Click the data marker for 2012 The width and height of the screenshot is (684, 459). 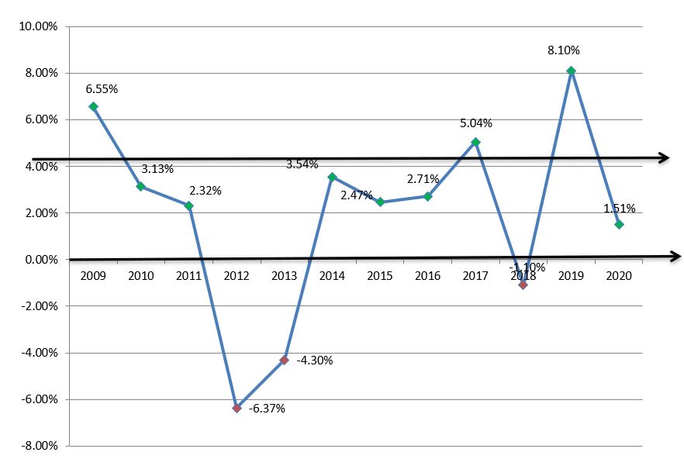click(237, 408)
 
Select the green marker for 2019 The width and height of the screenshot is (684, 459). click(571, 71)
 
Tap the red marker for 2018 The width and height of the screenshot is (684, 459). click(523, 285)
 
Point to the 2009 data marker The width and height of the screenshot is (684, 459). click(93, 106)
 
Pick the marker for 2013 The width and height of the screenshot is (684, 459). click(284, 360)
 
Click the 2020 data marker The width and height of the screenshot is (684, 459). click(619, 224)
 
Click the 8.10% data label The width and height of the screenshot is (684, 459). click(564, 50)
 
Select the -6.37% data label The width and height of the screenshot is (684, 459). click(268, 409)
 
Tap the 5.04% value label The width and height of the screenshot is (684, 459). click(476, 123)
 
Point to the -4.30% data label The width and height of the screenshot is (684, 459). click(316, 360)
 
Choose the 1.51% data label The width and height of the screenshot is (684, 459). click(620, 208)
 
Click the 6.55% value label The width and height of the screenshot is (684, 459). click(102, 88)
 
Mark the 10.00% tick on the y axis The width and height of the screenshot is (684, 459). click(37, 26)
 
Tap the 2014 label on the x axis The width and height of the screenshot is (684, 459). click(332, 275)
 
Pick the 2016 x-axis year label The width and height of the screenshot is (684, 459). click(427, 275)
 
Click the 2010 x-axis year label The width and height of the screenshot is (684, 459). click(140, 275)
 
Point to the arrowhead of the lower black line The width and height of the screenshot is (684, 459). click(676, 256)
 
